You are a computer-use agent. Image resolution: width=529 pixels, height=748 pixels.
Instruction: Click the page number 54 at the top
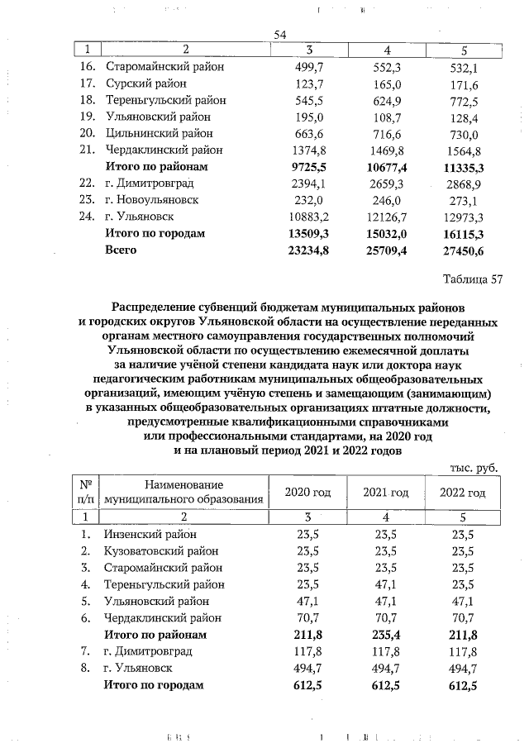point(279,34)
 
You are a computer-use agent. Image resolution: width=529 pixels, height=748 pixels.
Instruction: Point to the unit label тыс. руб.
point(474,467)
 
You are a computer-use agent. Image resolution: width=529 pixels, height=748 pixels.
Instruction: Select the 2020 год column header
point(307,493)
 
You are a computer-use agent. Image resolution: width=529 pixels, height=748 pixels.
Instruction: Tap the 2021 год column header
point(386,493)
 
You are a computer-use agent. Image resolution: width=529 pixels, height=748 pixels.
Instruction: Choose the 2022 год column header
point(463,493)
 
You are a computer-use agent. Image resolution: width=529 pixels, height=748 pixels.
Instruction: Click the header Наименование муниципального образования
point(183,493)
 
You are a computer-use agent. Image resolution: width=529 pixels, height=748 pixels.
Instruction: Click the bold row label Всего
point(121,250)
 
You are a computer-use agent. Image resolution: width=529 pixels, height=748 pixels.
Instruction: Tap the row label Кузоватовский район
point(160,551)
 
